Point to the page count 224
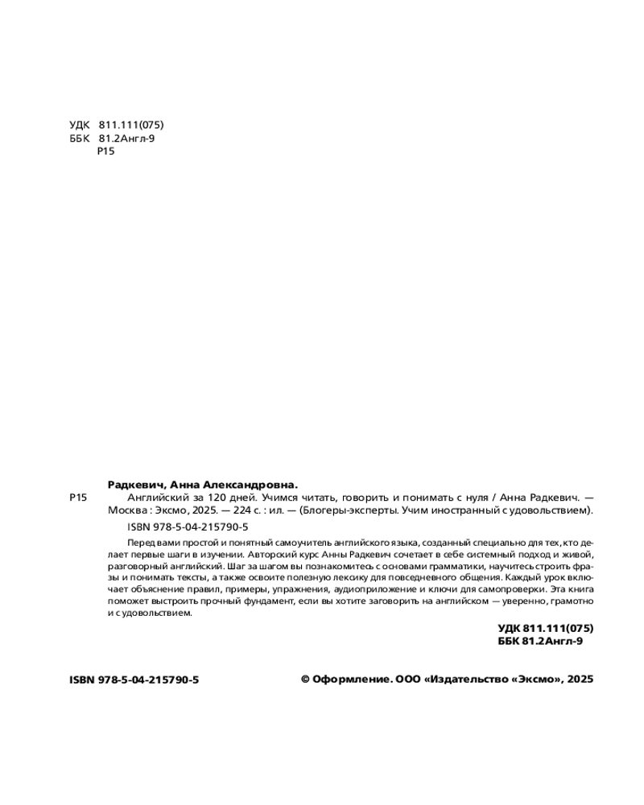click(x=242, y=510)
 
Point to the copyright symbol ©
click(x=305, y=679)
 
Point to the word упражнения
click(x=297, y=589)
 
